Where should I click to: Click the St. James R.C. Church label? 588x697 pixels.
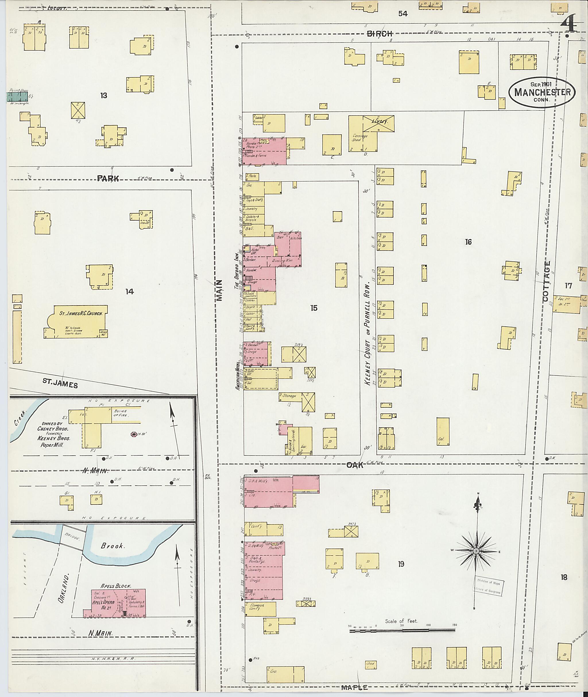[83, 314]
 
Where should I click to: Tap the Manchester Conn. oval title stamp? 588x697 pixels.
[542, 92]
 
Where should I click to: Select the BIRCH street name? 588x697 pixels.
[380, 33]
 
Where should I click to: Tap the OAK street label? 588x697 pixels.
[355, 465]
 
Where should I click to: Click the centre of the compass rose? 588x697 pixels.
[476, 552]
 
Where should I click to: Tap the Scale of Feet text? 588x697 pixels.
[401, 621]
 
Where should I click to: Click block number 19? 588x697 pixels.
[401, 564]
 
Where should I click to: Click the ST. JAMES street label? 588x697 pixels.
[60, 383]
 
